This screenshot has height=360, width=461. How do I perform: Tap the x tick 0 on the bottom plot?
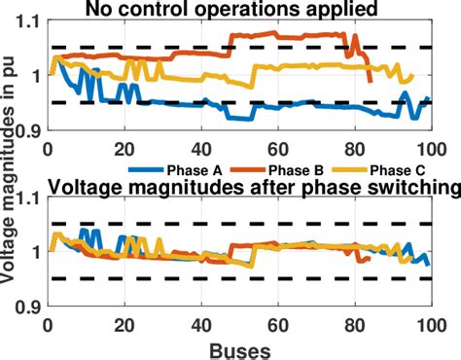tap(49, 324)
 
